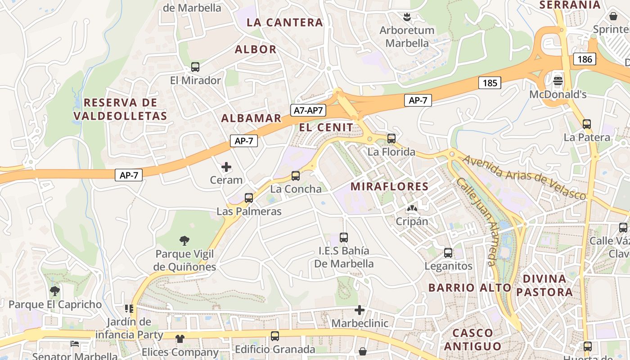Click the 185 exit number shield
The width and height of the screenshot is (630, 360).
click(490, 83)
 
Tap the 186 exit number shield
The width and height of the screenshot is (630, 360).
click(585, 59)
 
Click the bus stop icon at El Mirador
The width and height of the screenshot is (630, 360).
click(195, 67)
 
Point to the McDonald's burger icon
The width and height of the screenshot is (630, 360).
click(558, 81)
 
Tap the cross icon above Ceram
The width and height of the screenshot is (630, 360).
click(226, 167)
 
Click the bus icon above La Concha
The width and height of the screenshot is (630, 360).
click(296, 176)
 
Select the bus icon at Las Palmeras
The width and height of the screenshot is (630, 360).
click(249, 198)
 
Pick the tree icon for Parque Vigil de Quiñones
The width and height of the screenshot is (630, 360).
click(184, 240)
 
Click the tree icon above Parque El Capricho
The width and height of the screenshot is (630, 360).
click(55, 291)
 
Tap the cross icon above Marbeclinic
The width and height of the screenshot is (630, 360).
click(360, 310)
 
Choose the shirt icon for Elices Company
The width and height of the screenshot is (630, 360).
click(180, 338)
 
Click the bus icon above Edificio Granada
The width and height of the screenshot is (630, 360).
click(275, 336)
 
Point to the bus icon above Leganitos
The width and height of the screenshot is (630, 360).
click(448, 253)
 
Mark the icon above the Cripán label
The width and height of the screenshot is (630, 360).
click(412, 208)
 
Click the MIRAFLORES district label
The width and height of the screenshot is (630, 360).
click(389, 186)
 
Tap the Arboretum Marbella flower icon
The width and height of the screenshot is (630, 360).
click(407, 17)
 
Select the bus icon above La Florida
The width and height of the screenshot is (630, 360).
click(391, 139)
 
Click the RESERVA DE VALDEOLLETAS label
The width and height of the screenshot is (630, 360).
click(120, 109)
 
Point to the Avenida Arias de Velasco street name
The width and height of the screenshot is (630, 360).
click(525, 177)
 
